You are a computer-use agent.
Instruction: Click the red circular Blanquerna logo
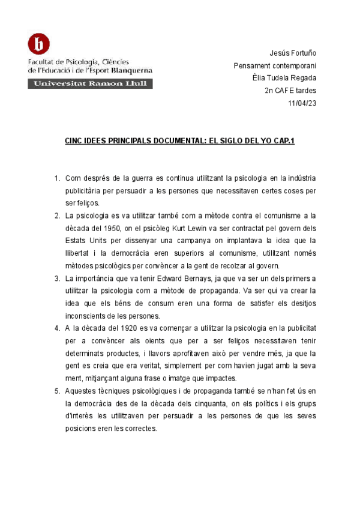[x=39, y=44]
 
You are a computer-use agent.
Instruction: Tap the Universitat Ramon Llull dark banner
[x=90, y=84]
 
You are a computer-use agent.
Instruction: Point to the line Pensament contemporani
[x=275, y=65]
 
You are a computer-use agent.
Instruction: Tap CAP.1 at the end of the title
[x=284, y=140]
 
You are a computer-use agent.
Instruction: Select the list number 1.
[x=56, y=178]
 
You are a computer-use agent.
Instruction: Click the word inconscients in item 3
[x=88, y=316]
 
